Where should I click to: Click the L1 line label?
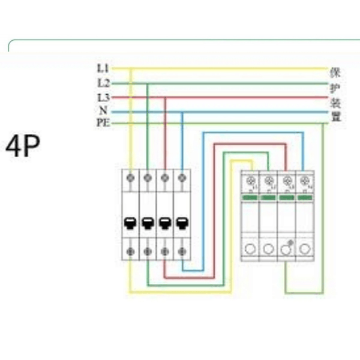pyautogui.click(x=102, y=68)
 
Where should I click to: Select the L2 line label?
pyautogui.click(x=102, y=83)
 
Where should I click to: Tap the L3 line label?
pyautogui.click(x=102, y=97)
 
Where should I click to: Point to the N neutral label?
pyautogui.click(x=103, y=111)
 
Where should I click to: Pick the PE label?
pyautogui.click(x=101, y=124)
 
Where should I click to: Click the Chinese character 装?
pyautogui.click(x=335, y=102)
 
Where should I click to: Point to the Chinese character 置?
pyautogui.click(x=335, y=116)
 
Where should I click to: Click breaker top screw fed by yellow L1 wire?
pyautogui.click(x=130, y=178)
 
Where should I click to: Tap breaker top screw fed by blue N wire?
pyautogui.click(x=181, y=178)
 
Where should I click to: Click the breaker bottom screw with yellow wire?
pyautogui.click(x=130, y=250)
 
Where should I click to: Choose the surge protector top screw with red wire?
pyautogui.click(x=287, y=182)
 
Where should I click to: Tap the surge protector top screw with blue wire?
pyautogui.click(x=304, y=182)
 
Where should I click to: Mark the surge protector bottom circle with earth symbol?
pyautogui.click(x=287, y=249)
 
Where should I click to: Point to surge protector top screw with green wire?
pyautogui.click(x=269, y=182)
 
